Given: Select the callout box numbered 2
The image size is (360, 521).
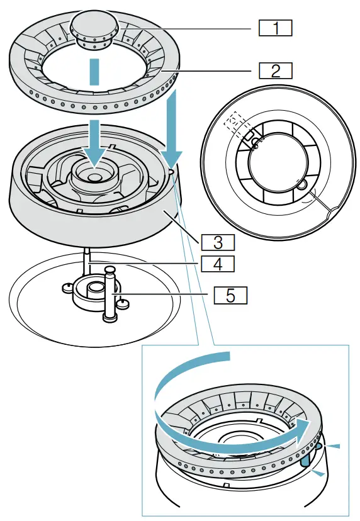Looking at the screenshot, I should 276,69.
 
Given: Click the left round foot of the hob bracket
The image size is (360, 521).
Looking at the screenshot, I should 66,288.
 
